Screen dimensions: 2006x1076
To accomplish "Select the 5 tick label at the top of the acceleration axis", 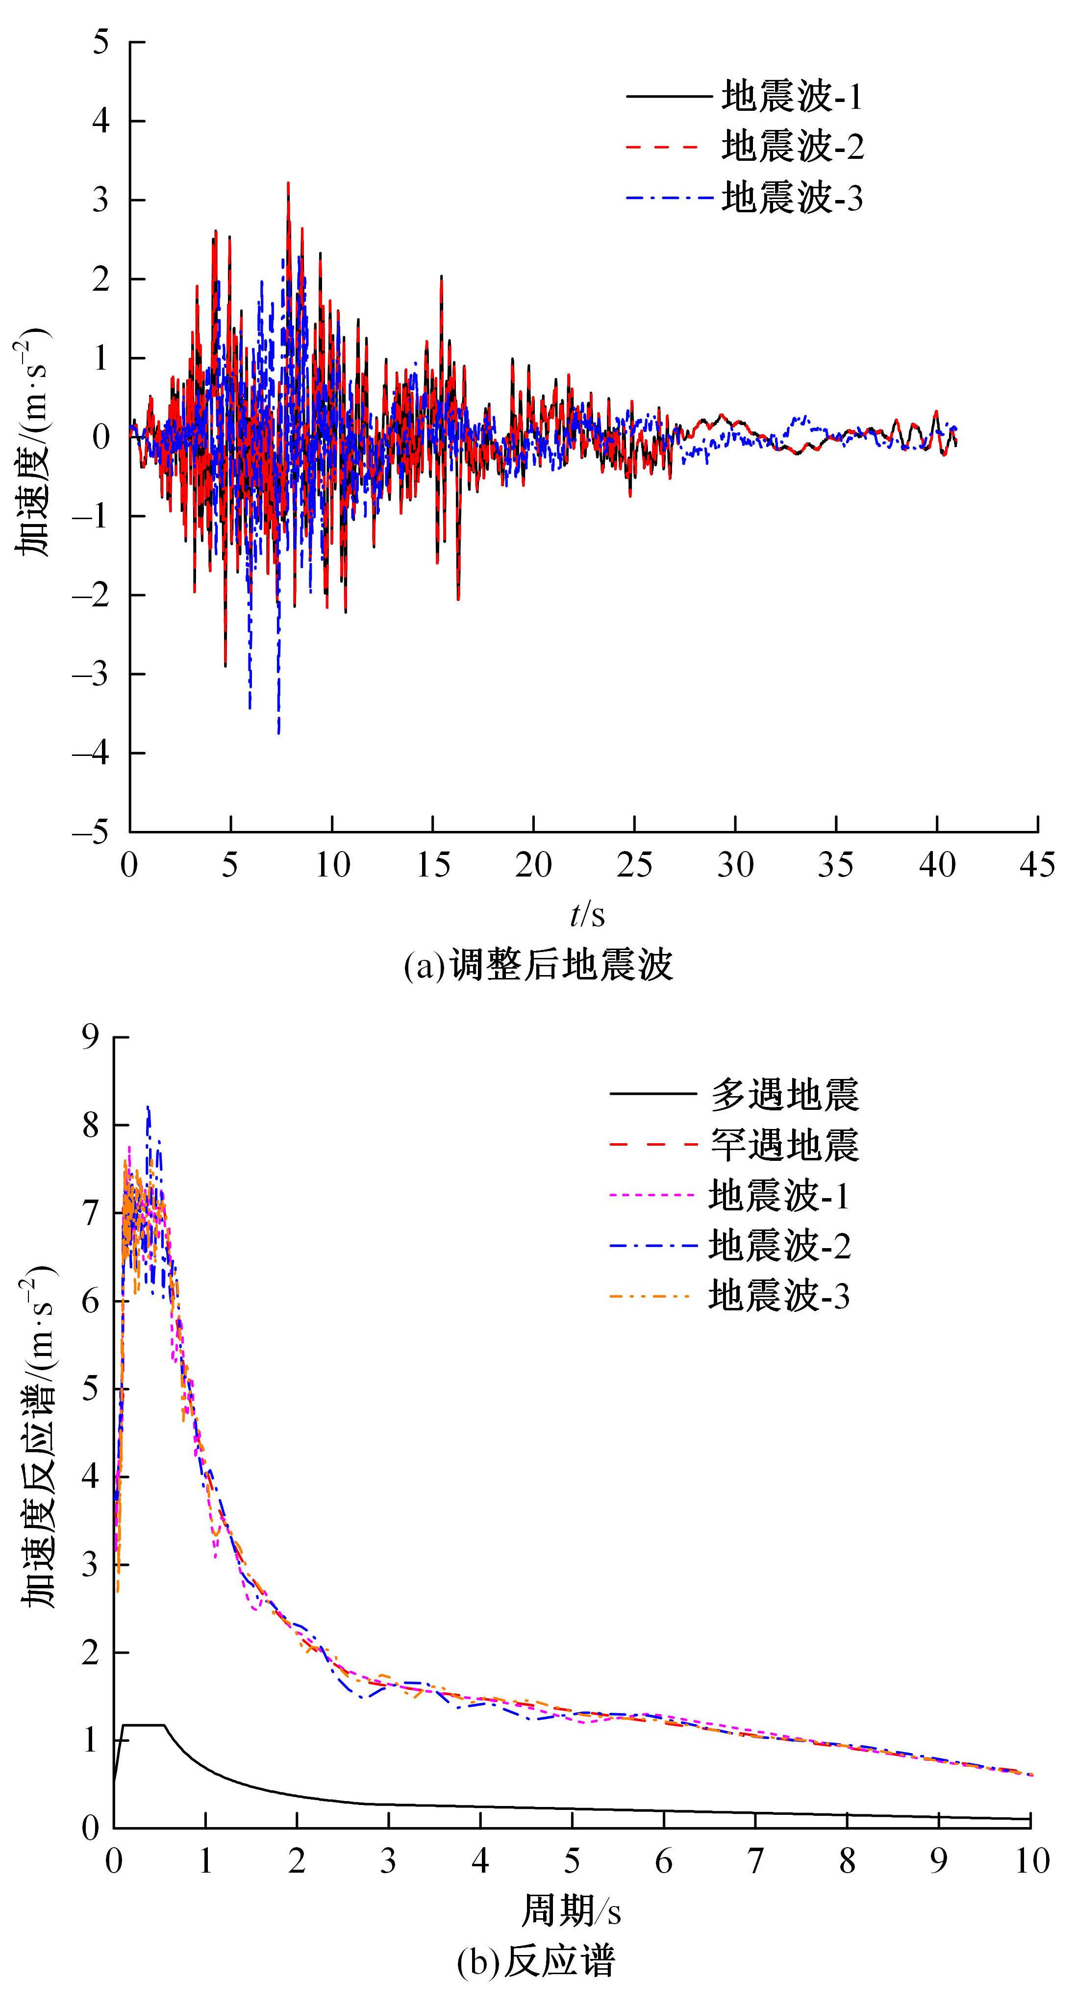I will click(101, 42).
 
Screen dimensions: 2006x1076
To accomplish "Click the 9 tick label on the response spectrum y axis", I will click(91, 1037).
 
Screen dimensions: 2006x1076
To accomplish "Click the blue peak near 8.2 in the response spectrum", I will click(148, 1107).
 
